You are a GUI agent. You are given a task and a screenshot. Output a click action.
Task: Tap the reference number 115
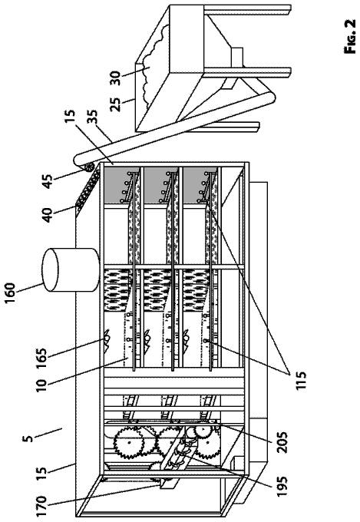point(299,378)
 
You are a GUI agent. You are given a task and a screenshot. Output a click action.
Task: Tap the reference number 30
point(116,78)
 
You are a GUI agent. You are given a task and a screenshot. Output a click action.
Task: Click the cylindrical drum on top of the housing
point(71,270)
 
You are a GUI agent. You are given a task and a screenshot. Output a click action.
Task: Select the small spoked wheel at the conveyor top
point(90,167)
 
